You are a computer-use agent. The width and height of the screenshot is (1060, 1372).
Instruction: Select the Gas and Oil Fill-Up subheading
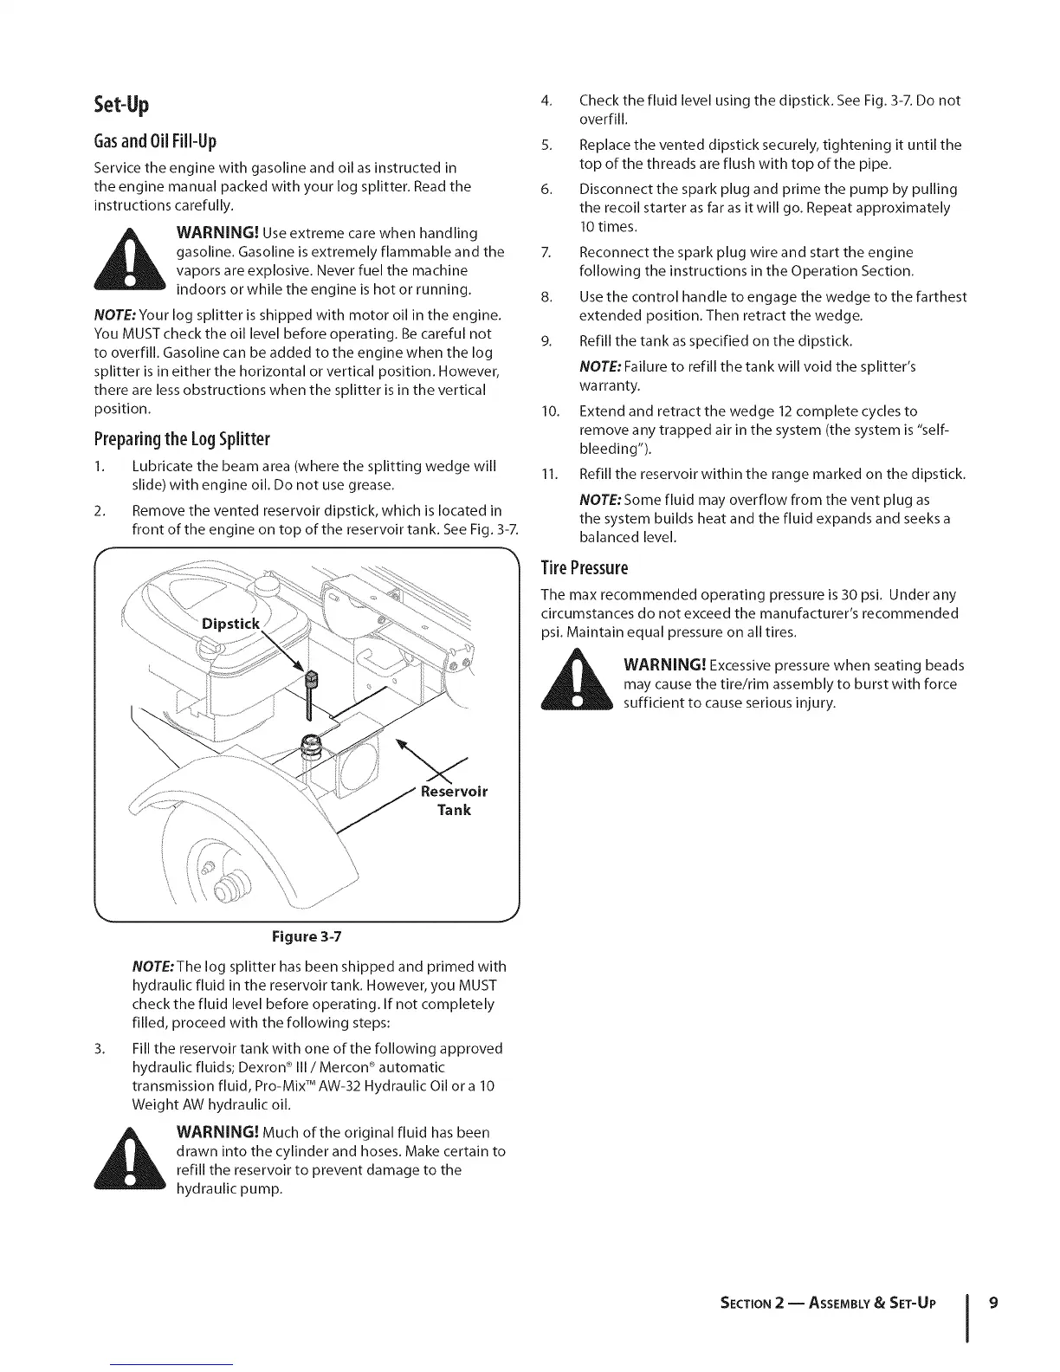tap(155, 141)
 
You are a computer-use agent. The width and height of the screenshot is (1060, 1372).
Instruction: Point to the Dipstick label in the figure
tap(230, 625)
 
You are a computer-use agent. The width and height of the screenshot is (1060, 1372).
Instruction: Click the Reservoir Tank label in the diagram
tap(454, 800)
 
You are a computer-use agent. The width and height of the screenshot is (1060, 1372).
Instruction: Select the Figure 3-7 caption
tap(307, 937)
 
